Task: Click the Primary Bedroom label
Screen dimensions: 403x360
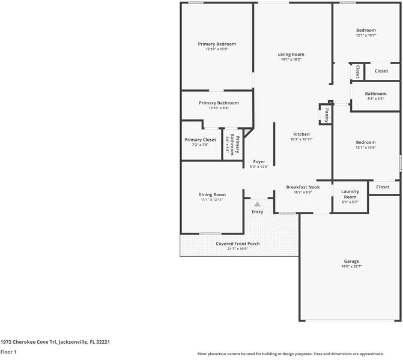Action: [217, 44]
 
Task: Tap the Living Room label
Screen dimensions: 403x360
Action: [291, 54]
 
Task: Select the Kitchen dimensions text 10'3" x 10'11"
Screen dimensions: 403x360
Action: [301, 139]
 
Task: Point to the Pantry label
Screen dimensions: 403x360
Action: [326, 115]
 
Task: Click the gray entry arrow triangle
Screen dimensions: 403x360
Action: [257, 204]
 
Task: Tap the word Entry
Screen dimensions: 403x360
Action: [257, 212]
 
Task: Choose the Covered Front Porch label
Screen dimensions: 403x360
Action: [238, 244]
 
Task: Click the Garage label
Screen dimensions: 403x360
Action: [351, 261]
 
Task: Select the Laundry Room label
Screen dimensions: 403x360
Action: [350, 194]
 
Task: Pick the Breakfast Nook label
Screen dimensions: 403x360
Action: [303, 187]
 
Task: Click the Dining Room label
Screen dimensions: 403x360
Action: [212, 194]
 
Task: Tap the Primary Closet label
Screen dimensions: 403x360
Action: [200, 140]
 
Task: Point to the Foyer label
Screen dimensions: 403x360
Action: [259, 162]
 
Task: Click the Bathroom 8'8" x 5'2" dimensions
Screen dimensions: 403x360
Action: [376, 98]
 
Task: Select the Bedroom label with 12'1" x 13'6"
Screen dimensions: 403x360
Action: [366, 142]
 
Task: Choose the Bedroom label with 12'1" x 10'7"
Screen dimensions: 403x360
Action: [366, 30]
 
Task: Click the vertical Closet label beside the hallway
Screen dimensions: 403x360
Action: [357, 71]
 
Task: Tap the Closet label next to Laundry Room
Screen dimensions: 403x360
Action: [383, 187]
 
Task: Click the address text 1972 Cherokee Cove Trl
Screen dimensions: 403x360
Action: [28, 342]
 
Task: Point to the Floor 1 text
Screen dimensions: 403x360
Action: [8, 352]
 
